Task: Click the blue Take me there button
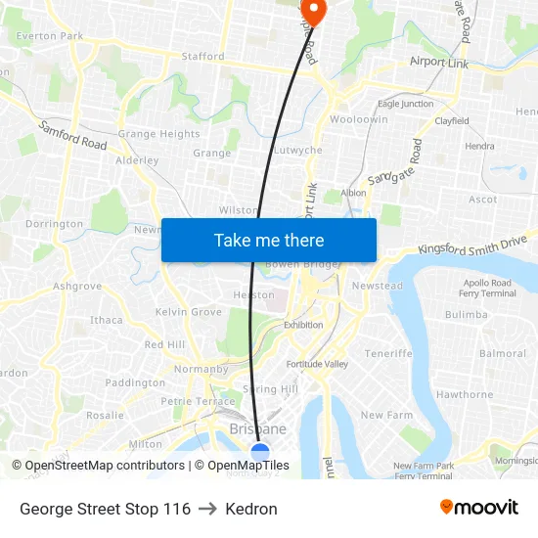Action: click(x=268, y=240)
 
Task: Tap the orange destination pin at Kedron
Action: click(x=317, y=9)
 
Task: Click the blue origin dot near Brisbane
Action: click(x=260, y=452)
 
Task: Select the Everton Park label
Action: click(x=49, y=36)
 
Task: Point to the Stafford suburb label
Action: click(x=202, y=57)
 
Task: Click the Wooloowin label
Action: click(x=358, y=119)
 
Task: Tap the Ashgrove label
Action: click(x=77, y=287)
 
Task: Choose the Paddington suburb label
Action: click(x=135, y=382)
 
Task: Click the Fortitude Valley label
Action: click(x=317, y=364)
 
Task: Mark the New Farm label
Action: click(x=386, y=415)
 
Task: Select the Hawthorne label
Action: click(x=465, y=394)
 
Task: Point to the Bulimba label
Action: click(x=466, y=314)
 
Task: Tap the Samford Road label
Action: click(x=73, y=135)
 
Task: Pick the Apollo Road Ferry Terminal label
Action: click(x=488, y=288)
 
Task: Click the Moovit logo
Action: click(x=479, y=508)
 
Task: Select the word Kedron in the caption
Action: click(x=251, y=509)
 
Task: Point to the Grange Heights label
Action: click(x=158, y=134)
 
